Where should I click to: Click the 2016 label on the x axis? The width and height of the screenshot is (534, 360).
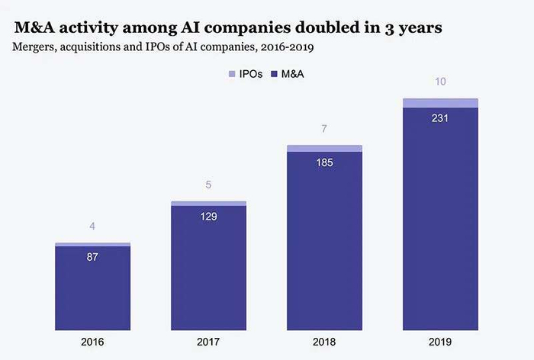coord(92,342)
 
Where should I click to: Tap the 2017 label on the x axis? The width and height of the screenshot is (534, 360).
coord(208,342)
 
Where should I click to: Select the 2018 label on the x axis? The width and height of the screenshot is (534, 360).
coord(324,342)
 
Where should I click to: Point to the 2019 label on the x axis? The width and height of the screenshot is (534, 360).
coord(440,342)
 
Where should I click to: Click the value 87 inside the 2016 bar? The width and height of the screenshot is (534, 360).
coord(92,258)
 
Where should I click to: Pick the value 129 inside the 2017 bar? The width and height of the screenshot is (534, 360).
coord(208,217)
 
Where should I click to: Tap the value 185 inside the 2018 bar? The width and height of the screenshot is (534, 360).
coord(324,162)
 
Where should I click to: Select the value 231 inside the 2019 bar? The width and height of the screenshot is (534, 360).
coord(440,118)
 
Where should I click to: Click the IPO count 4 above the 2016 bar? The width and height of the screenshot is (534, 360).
coord(92,227)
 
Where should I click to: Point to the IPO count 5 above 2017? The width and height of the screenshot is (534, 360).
coord(208,184)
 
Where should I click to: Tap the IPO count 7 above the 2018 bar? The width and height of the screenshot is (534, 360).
coord(324,129)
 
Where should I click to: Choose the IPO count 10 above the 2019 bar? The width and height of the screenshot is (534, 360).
coord(440,82)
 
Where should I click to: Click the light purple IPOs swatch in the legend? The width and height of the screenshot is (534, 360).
coord(233,74)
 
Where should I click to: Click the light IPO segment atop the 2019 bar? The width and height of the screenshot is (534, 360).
coord(440,103)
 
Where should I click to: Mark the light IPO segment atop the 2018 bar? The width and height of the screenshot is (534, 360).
coord(324,148)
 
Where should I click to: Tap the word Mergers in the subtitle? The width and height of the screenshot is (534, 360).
coord(35,47)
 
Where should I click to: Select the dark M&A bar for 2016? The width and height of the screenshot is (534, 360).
coord(92,290)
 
